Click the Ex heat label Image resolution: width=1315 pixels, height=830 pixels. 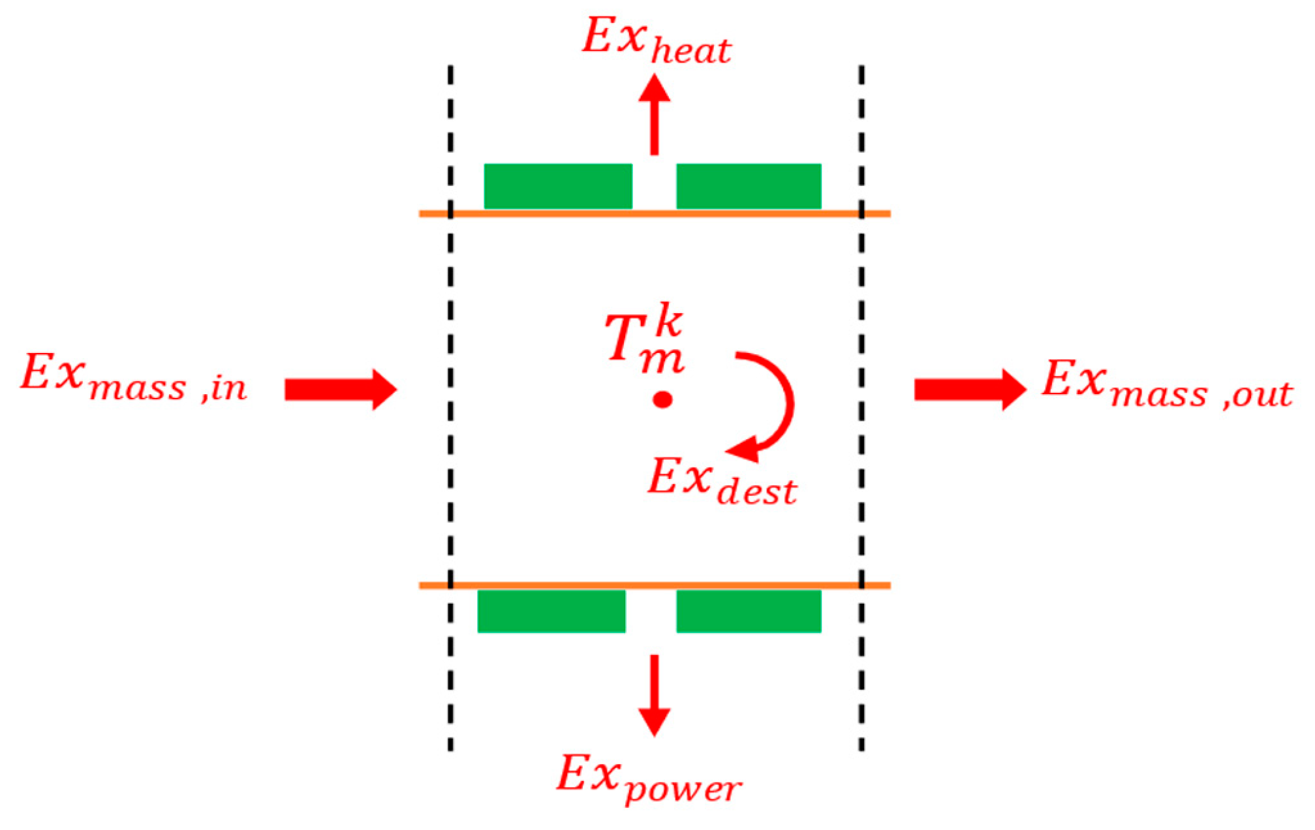pyautogui.click(x=657, y=40)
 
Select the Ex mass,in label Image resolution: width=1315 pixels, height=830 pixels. pyautogui.click(x=134, y=379)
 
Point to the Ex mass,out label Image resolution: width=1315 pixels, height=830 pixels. pyautogui.click(x=1167, y=385)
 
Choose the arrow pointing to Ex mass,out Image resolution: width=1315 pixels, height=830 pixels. pyautogui.click(x=970, y=390)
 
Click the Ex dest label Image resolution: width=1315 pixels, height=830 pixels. pyautogui.click(x=722, y=482)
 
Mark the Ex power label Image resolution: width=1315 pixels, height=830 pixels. pyautogui.click(x=649, y=779)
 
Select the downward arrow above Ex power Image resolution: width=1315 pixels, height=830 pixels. pyautogui.click(x=655, y=695)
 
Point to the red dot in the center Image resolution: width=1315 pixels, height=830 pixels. pyautogui.click(x=662, y=399)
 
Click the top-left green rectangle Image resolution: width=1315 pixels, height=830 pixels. pyautogui.click(x=558, y=186)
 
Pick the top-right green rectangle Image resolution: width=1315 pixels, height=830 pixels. pyautogui.click(x=749, y=186)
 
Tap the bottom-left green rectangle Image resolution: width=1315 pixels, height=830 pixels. pyautogui.click(x=551, y=611)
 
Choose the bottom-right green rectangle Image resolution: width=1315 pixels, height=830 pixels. pyautogui.click(x=749, y=611)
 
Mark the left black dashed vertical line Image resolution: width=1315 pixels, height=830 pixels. pyautogui.click(x=450, y=405)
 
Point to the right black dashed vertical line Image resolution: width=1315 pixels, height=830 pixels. pyautogui.click(x=861, y=405)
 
